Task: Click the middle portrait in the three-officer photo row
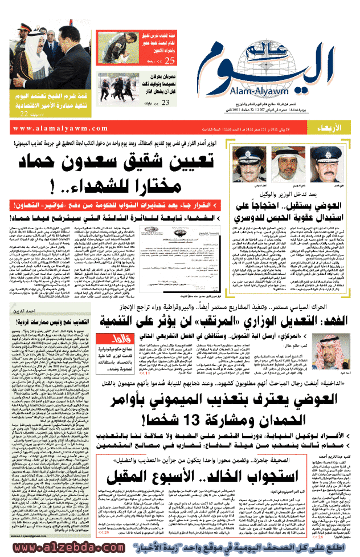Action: click(x=291, y=167)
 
